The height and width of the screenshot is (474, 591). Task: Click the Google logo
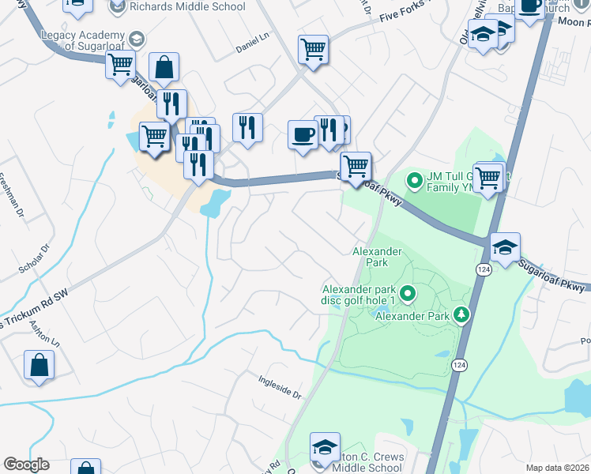pyautogui.click(x=27, y=465)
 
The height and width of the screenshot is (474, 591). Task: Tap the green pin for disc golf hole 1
pyautogui.click(x=408, y=295)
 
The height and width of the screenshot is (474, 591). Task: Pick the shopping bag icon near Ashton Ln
pyautogui.click(x=39, y=367)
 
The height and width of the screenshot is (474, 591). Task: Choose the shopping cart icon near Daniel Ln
pyautogui.click(x=314, y=50)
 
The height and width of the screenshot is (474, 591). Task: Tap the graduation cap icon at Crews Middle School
pyautogui.click(x=325, y=447)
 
